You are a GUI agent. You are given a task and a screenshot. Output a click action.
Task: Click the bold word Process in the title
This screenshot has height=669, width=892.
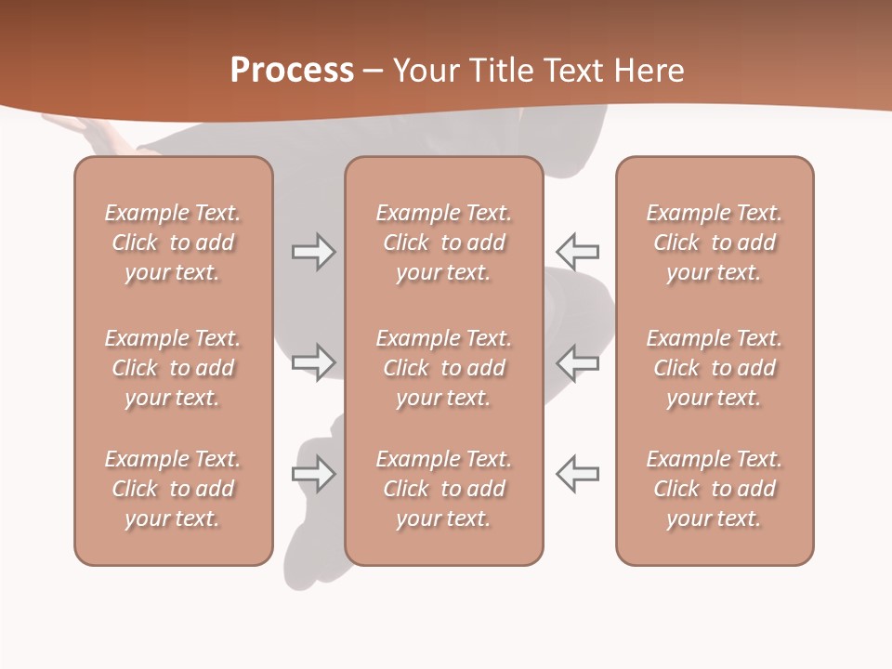(292, 71)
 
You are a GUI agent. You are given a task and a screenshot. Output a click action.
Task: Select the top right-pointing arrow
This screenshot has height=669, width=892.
(313, 252)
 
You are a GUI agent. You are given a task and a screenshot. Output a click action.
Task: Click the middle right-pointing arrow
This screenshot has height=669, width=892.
(313, 362)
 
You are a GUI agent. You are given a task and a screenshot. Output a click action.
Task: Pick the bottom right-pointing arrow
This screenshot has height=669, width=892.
(313, 474)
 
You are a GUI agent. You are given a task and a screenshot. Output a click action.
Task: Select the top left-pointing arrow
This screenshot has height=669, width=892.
(578, 252)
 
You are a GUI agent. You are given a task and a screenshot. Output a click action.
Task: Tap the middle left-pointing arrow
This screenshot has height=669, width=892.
(578, 362)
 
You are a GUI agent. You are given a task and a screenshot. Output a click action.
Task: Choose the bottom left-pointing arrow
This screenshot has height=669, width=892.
(578, 474)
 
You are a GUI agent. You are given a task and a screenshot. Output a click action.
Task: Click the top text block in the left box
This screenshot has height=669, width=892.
(173, 243)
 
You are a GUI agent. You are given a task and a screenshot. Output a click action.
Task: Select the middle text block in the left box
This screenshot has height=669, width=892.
(173, 368)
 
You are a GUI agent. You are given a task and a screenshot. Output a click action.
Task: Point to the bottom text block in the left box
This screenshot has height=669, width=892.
(173, 489)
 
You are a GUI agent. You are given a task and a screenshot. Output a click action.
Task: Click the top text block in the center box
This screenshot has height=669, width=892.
(444, 243)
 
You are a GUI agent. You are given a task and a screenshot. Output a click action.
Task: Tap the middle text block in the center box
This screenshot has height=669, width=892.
(444, 368)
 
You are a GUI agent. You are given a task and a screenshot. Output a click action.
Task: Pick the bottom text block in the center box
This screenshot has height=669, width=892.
(444, 489)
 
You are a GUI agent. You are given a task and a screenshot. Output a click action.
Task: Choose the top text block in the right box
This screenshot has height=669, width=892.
(715, 243)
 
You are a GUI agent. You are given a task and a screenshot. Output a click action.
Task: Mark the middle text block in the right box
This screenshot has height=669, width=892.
(715, 368)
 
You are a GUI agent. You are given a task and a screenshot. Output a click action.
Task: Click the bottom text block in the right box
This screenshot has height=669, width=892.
(715, 489)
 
